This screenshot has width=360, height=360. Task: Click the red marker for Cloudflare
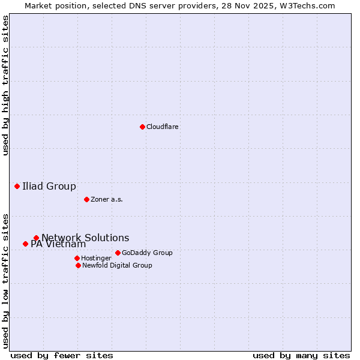[142, 127]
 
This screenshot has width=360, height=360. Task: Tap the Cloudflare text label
[162, 127]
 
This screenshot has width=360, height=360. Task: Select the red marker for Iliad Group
[17, 186]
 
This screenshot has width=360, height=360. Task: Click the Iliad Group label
[49, 187]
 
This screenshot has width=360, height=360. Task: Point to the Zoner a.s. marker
[86, 199]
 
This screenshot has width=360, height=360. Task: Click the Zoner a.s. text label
[107, 200]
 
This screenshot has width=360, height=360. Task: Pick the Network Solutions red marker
[36, 238]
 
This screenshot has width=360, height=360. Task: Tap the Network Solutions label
[85, 238]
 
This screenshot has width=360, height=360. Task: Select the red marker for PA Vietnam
[25, 244]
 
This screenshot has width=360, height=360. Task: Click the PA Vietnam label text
[58, 244]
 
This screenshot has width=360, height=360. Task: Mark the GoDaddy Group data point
[118, 253]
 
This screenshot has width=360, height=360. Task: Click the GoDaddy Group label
[147, 253]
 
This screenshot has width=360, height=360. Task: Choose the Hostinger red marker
[77, 258]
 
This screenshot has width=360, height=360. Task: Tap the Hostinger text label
[96, 259]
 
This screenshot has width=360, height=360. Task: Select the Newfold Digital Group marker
[78, 265]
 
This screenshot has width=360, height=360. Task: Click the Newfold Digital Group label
[117, 266]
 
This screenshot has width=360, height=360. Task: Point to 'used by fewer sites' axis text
[62, 355]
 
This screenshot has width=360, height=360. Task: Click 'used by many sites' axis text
[301, 355]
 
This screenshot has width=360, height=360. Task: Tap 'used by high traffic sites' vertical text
[5, 85]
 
